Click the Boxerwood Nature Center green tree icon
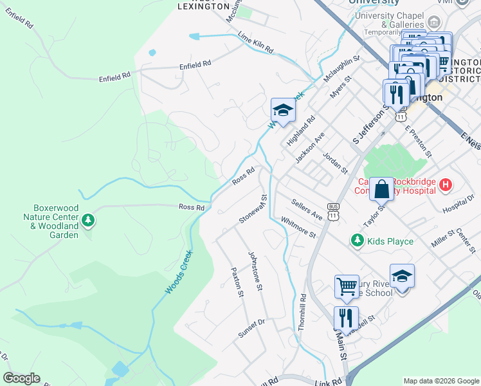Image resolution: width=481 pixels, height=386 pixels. click(88, 221)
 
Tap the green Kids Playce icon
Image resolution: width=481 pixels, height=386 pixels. click(358, 241)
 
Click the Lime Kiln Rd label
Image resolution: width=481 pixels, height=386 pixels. click(255, 42)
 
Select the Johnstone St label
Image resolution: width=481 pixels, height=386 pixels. click(256, 270)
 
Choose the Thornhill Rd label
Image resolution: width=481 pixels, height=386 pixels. click(302, 312)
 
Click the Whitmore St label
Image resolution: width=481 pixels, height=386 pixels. click(298, 227)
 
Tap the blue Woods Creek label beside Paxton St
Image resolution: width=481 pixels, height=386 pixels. click(178, 272)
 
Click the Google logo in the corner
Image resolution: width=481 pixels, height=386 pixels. click(21, 378)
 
